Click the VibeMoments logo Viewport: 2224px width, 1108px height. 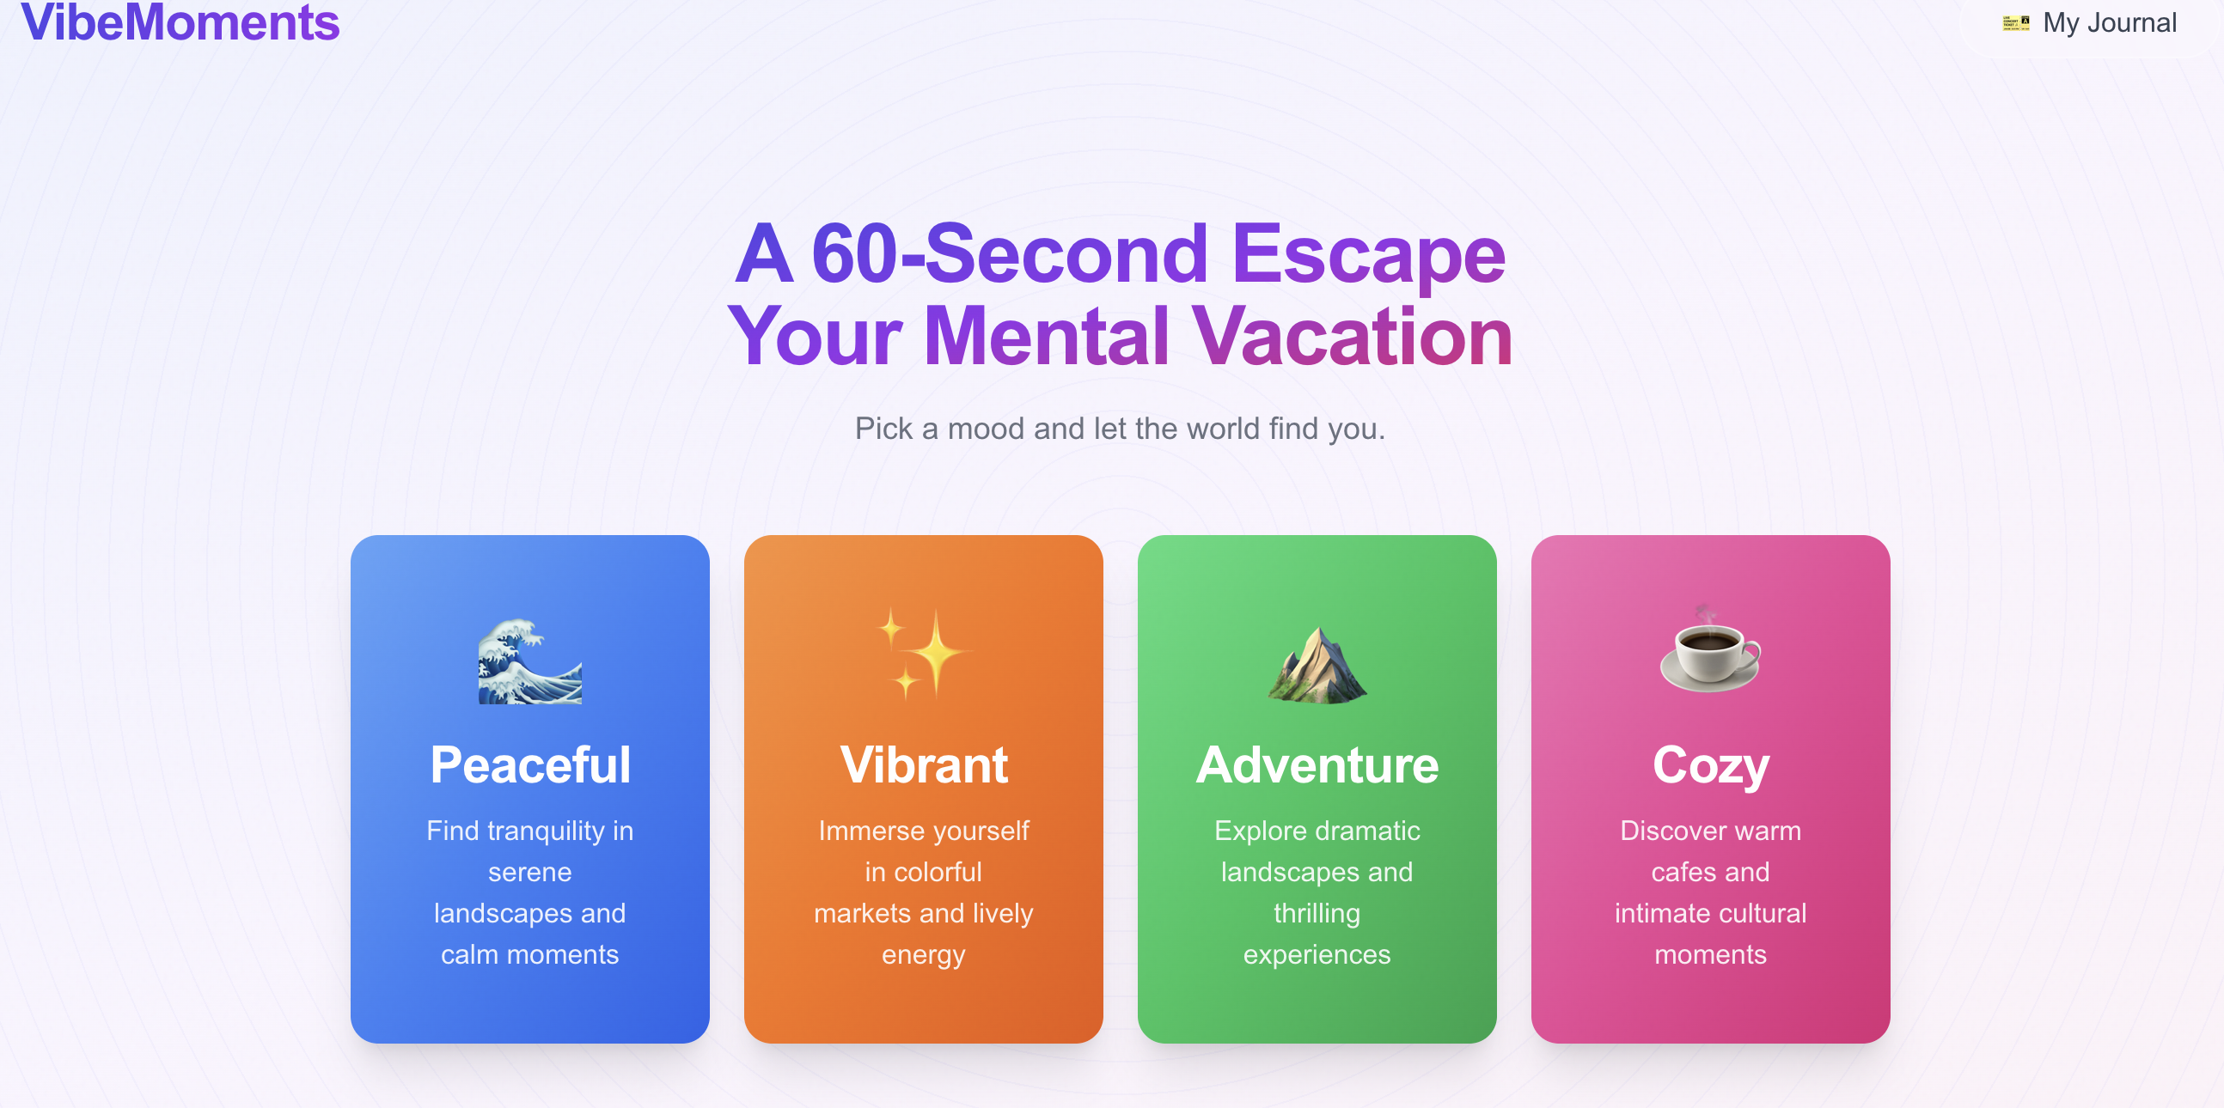tap(180, 22)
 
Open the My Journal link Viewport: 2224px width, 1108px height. tap(2108, 23)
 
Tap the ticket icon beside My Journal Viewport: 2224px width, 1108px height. tap(2015, 23)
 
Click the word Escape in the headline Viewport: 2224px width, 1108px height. tap(1367, 253)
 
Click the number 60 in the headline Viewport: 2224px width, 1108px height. tap(854, 253)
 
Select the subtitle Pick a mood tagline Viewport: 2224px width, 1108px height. tap(1119, 429)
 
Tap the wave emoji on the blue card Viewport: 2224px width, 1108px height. tap(530, 661)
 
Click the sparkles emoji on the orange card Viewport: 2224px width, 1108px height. tap(923, 654)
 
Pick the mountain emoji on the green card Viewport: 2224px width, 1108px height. tap(1317, 664)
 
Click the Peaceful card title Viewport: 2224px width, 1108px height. tap(530, 765)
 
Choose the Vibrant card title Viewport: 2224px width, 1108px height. tap(923, 765)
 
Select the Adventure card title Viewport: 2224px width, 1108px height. tap(1317, 765)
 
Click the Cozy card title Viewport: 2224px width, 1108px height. tap(1710, 765)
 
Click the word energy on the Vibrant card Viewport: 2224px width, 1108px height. tap(923, 954)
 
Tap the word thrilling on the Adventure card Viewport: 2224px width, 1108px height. tap(1317, 913)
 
